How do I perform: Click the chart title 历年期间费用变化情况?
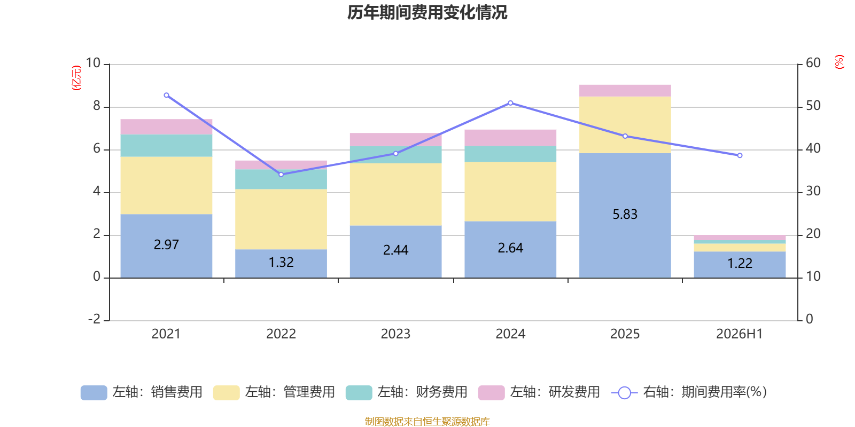427,13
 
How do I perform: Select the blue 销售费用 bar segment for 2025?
625,216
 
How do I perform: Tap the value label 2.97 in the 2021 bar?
166,244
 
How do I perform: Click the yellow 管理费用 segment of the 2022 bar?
281,219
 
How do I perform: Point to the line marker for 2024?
510,103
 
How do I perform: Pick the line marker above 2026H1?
740,155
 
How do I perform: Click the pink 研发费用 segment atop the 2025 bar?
625,90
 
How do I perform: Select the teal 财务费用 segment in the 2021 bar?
166,145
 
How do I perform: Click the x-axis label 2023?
395,334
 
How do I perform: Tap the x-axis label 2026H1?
740,334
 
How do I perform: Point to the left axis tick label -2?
94,319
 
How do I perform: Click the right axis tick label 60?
813,63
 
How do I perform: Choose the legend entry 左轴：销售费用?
142,392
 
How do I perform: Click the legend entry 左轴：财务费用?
407,392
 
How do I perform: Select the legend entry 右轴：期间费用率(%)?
689,392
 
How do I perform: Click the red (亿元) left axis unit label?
76,78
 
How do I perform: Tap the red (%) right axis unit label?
839,62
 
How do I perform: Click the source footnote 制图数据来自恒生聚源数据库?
427,421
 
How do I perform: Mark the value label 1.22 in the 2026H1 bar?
740,264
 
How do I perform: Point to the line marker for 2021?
166,96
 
